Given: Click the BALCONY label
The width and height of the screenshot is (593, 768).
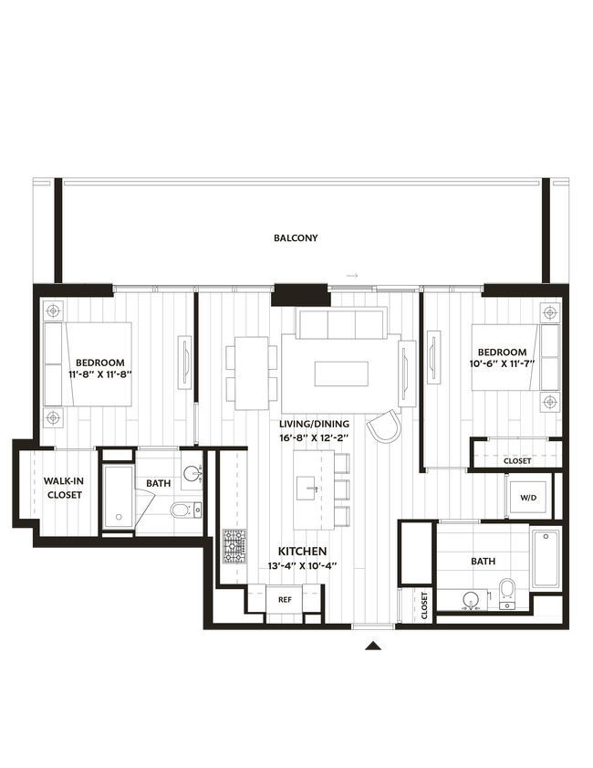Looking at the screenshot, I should point(296,238).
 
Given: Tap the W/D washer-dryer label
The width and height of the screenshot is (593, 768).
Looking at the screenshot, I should point(528,498).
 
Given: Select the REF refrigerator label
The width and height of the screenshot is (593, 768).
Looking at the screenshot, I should point(285,599).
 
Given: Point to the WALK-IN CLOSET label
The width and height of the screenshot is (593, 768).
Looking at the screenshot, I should point(64,488).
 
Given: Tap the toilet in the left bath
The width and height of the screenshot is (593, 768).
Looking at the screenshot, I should point(182,509).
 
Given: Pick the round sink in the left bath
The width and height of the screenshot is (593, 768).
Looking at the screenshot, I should point(192,473).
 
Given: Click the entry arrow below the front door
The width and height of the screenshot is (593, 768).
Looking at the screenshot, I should point(373,646).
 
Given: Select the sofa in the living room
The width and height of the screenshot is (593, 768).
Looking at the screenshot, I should point(339,323).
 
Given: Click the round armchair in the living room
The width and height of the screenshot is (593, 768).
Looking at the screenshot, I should point(382,424).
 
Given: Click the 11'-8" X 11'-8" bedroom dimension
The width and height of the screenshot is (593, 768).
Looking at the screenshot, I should point(100,374).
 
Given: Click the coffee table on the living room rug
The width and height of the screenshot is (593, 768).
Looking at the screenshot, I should point(340,373).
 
